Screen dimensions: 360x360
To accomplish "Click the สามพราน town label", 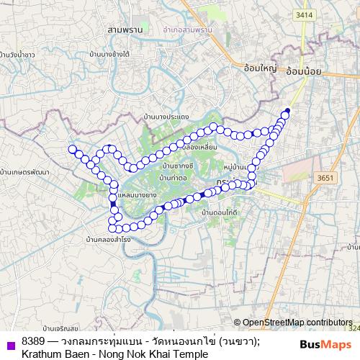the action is pyautogui.click(x=124, y=30).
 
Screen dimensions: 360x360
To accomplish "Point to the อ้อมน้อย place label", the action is pyautogui.click(x=302, y=71).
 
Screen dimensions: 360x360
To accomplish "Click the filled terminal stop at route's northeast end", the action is pyautogui.click(x=287, y=110).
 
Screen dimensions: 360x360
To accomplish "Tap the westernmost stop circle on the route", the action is pyautogui.click(x=72, y=149).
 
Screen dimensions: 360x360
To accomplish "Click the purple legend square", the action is pyautogui.click(x=9, y=343).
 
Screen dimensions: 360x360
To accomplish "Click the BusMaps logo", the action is pyautogui.click(x=325, y=346).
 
